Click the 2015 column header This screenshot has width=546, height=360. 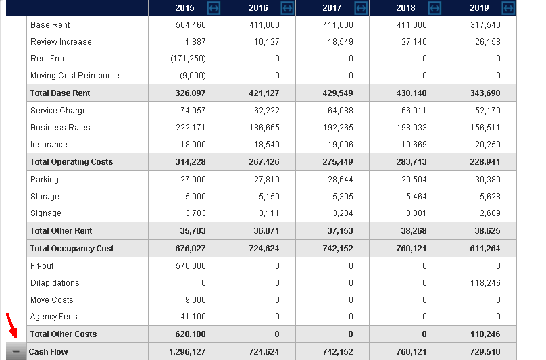(x=184, y=8)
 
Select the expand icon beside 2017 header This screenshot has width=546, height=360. (x=361, y=8)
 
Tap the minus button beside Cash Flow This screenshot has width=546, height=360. (x=16, y=352)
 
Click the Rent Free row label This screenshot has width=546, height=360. (x=49, y=59)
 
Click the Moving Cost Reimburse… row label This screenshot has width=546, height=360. (x=78, y=76)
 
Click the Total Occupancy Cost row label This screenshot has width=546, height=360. (x=72, y=249)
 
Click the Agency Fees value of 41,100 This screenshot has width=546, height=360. (x=192, y=317)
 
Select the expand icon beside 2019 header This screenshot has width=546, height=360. (x=508, y=8)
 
